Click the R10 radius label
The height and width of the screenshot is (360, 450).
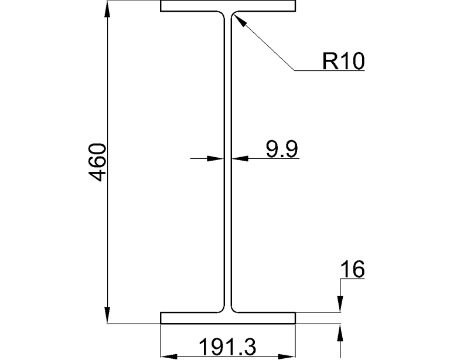click(x=343, y=60)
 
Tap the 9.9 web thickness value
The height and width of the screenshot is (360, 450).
click(x=281, y=149)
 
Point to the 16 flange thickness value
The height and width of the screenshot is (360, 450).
click(x=352, y=270)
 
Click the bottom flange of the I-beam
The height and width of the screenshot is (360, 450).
click(x=228, y=318)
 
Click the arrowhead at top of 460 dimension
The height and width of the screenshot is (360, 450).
click(x=108, y=8)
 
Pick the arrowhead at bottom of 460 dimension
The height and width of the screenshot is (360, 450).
click(x=108, y=315)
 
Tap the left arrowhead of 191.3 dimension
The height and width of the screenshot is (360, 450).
click(x=169, y=355)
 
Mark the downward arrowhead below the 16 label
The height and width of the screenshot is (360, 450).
click(x=340, y=305)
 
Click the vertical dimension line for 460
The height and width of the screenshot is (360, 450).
click(x=108, y=88)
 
